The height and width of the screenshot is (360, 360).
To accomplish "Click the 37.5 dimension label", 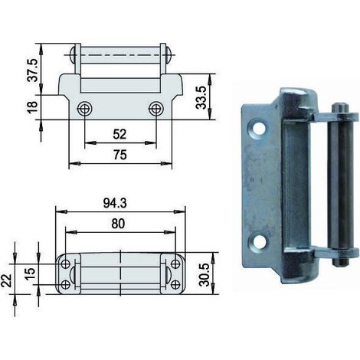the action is tap(32, 70).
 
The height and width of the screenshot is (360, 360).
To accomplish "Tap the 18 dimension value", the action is tap(32, 107).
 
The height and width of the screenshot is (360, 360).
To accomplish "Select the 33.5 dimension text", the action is tap(201, 97).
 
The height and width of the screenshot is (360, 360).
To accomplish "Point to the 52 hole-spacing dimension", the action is tap(119, 134).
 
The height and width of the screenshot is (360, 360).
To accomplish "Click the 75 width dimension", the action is tap(120, 155).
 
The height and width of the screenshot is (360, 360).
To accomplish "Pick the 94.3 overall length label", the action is tap(115, 203).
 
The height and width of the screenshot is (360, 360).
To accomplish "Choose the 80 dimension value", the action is tap(118, 224).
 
